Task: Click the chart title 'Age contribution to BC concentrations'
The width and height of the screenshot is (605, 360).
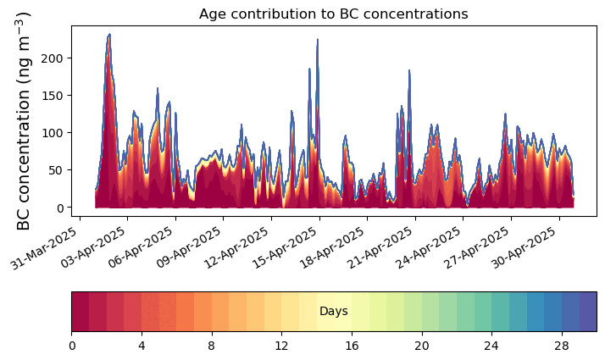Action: tap(333, 14)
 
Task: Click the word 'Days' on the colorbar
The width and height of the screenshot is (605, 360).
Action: tap(333, 312)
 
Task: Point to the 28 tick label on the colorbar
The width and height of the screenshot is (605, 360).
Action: tap(561, 346)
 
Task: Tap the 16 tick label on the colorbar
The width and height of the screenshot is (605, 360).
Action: tap(352, 346)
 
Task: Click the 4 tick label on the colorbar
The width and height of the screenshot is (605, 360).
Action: tap(142, 346)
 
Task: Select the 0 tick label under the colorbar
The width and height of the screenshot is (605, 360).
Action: tap(72, 346)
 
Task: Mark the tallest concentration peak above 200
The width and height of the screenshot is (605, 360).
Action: tap(109, 35)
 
